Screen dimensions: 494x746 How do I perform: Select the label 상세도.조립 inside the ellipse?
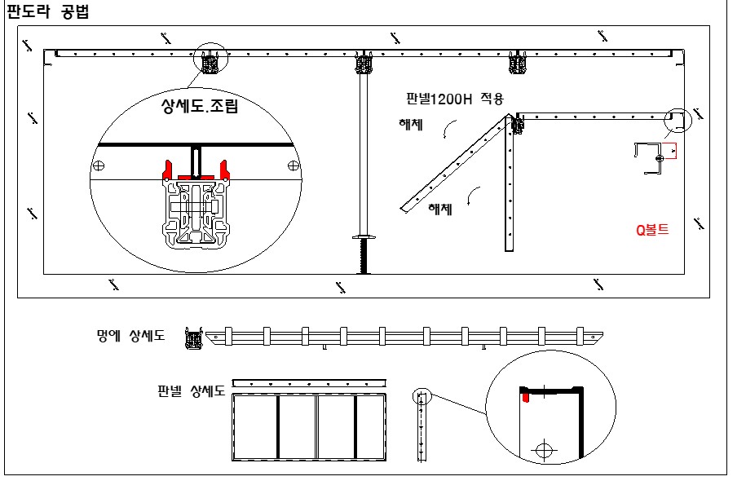click(200, 106)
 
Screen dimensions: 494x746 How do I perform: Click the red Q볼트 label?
click(652, 230)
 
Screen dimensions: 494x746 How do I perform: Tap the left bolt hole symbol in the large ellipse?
click(99, 165)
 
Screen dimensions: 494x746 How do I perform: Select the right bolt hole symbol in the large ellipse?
click(293, 165)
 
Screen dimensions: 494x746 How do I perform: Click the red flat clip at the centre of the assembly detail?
click(196, 175)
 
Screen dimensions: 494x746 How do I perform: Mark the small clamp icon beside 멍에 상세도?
click(193, 337)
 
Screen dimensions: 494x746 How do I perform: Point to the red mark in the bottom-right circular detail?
click(527, 396)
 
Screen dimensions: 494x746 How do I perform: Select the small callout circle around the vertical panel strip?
click(421, 397)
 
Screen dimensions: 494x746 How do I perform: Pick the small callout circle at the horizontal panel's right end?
click(677, 119)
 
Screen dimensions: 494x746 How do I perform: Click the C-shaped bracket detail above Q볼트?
click(651, 157)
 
